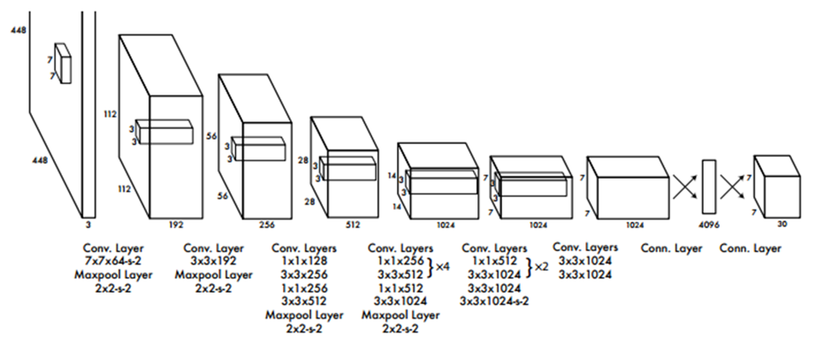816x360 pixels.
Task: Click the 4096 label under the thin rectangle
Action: (x=707, y=225)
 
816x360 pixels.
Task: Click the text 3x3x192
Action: (x=210, y=262)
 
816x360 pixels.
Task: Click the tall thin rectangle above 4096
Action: (x=707, y=187)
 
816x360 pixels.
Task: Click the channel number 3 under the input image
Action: (x=87, y=212)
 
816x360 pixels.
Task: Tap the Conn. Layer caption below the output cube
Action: (x=750, y=249)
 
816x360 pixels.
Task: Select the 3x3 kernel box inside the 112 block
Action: (x=164, y=133)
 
